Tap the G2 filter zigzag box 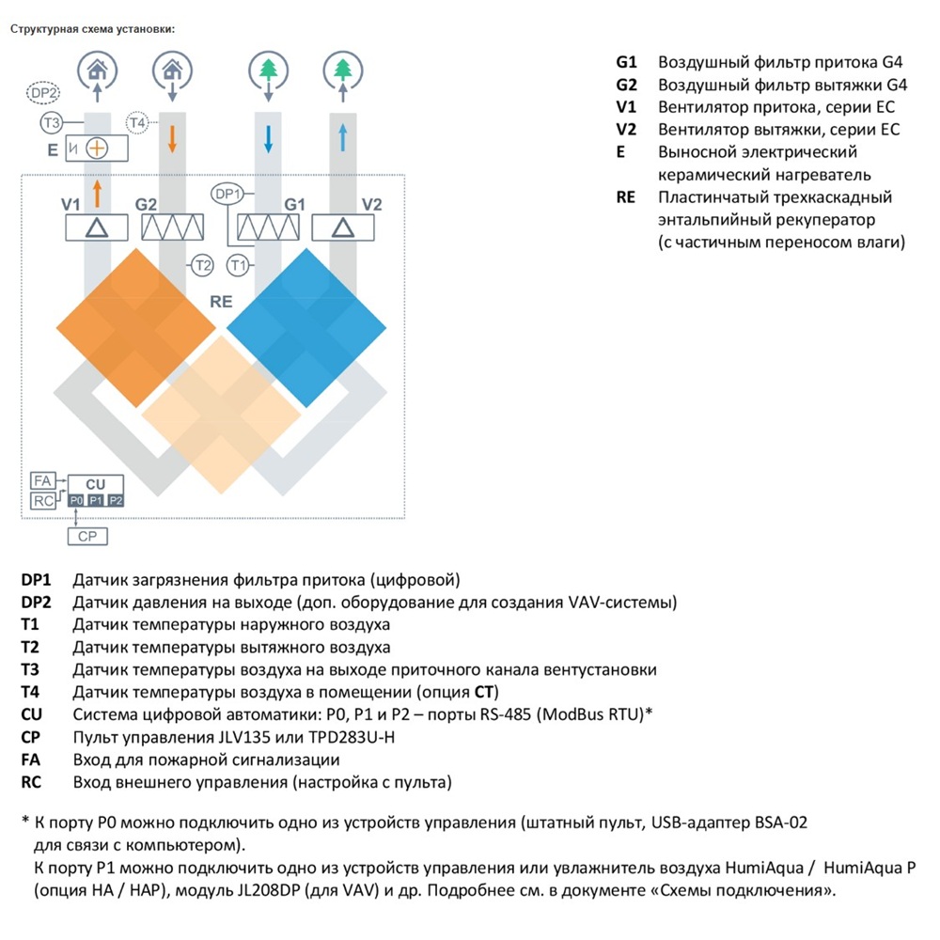(x=173, y=227)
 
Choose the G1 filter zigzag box (x=268, y=227)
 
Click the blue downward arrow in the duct (x=268, y=138)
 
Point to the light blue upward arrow (x=343, y=137)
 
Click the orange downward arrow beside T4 (x=172, y=138)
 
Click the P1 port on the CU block (x=96, y=500)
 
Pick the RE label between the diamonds (x=221, y=302)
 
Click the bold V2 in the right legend (x=626, y=130)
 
